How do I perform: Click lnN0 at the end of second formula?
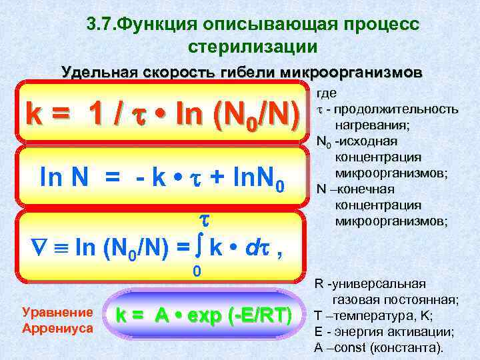(257, 178)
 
